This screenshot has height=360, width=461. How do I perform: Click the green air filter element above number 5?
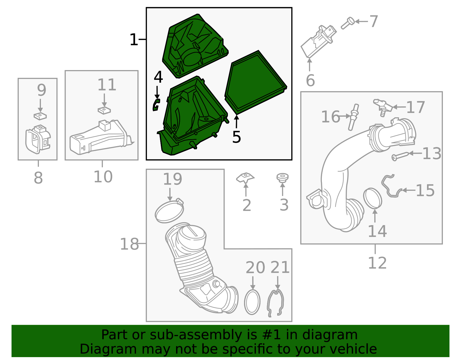[256, 83]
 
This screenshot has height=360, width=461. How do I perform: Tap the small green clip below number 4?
[156, 105]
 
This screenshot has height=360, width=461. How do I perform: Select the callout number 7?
[374, 21]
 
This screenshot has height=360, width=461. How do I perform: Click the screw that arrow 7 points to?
[348, 23]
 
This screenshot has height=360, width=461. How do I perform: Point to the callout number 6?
[310, 80]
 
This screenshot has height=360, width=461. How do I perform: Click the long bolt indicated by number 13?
[400, 157]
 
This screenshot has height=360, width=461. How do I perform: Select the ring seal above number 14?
[373, 198]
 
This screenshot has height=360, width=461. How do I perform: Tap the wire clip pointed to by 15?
[392, 186]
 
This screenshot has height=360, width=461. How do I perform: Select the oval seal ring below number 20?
[252, 302]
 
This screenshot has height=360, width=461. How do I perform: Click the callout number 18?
[129, 244]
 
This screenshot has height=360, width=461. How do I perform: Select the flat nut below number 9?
[40, 116]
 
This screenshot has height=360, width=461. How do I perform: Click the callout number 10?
[103, 177]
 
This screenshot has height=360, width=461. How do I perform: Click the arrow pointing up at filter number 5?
[237, 122]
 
